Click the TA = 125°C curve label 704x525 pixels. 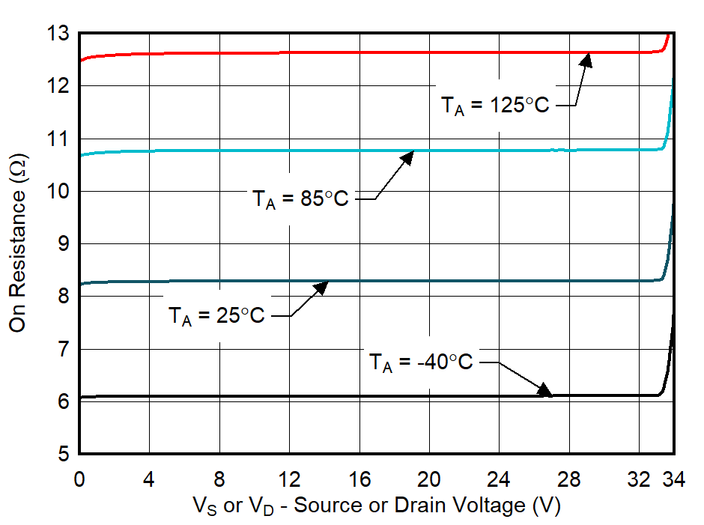click(494, 106)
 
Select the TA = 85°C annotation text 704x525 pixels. click(300, 199)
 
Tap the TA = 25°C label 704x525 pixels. click(216, 316)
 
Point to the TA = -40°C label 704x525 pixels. click(422, 362)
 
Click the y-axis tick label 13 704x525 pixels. click(58, 34)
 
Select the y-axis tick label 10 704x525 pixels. click(58, 191)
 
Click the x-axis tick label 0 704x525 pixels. click(79, 479)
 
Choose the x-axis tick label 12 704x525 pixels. click(289, 479)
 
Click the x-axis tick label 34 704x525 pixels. click(674, 479)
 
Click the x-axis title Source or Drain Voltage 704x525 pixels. click(377, 506)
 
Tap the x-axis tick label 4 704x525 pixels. click(149, 479)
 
